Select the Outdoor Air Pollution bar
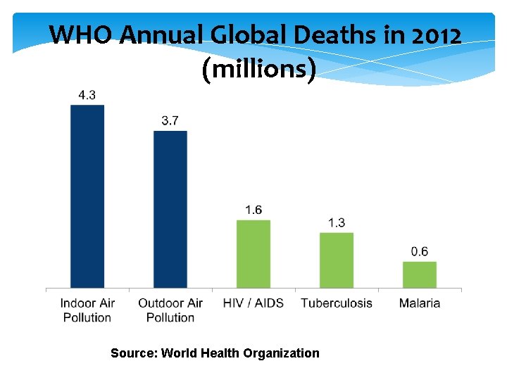pyautogui.click(x=170, y=209)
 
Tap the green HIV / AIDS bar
pyautogui.click(x=254, y=253)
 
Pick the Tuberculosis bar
pyautogui.click(x=337, y=260)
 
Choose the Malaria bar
pyautogui.click(x=420, y=274)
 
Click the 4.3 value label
pyautogui.click(x=87, y=95)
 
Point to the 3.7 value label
pyautogui.click(x=170, y=121)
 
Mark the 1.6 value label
pyautogui.click(x=254, y=210)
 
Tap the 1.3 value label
pyautogui.click(x=337, y=222)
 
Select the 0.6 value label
pyautogui.click(x=420, y=251)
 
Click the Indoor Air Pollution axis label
pyautogui.click(x=87, y=310)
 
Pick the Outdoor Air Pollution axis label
pyautogui.click(x=170, y=310)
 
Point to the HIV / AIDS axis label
pyautogui.click(x=254, y=303)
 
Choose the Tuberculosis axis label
pyautogui.click(x=337, y=303)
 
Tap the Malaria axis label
pyautogui.click(x=420, y=303)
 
